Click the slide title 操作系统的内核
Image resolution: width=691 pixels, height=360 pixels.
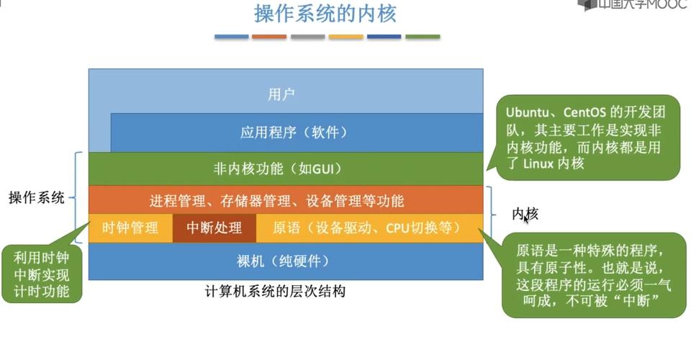325,13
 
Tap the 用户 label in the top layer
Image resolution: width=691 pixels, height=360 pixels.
281,94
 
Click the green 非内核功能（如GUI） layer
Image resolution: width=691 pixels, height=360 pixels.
277,169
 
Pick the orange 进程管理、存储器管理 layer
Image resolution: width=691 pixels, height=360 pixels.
277,200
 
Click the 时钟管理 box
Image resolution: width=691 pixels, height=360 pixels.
130,228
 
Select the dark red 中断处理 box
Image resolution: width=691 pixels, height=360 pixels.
214,228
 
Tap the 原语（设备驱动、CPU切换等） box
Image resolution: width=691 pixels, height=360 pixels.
366,228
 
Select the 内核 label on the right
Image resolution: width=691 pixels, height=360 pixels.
525,214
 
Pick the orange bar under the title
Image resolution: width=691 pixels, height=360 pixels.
269,36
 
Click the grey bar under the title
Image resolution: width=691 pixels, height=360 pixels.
307,36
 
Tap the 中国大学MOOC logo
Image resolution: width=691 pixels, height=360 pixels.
634,6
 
